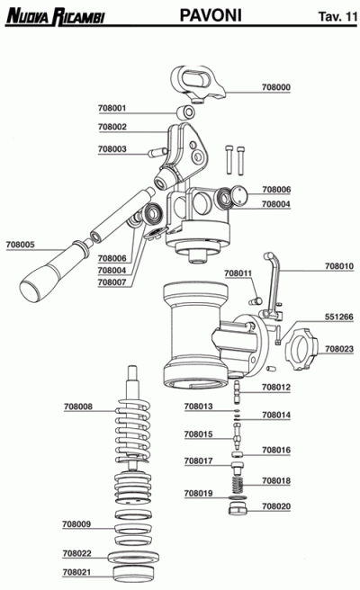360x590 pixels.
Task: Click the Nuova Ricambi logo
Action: [x=53, y=16]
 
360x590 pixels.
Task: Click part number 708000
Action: [x=275, y=87]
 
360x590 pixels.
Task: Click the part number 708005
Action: [x=20, y=244]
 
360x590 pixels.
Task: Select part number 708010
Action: [x=338, y=266]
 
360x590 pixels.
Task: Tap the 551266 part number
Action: [x=338, y=317]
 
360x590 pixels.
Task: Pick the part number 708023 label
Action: [x=338, y=348]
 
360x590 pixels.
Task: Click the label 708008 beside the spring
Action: [x=78, y=407]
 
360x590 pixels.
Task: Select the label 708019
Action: [x=198, y=493]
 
